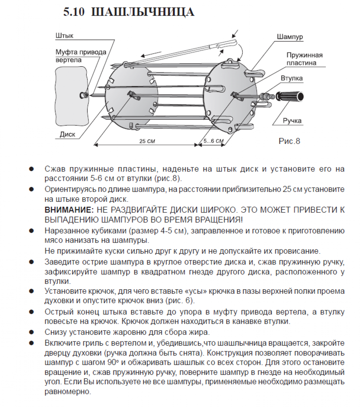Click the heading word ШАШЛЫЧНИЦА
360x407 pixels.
pos(142,12)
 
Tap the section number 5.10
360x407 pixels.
pos(74,12)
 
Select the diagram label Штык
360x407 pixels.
pos(64,36)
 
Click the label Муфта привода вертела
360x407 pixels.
pos(81,56)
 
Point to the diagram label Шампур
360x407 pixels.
pos(289,37)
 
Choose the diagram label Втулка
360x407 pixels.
pos(292,78)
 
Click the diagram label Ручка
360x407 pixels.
pos(292,121)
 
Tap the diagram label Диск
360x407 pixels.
pos(67,134)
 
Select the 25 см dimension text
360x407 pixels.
pos(147,141)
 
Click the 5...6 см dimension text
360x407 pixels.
pos(213,141)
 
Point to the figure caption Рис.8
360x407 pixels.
pos(289,141)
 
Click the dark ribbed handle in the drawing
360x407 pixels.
pos(290,97)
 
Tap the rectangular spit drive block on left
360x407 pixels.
pos(71,96)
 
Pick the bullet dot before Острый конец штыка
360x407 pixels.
pos(31,312)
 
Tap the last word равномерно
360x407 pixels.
pos(67,391)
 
